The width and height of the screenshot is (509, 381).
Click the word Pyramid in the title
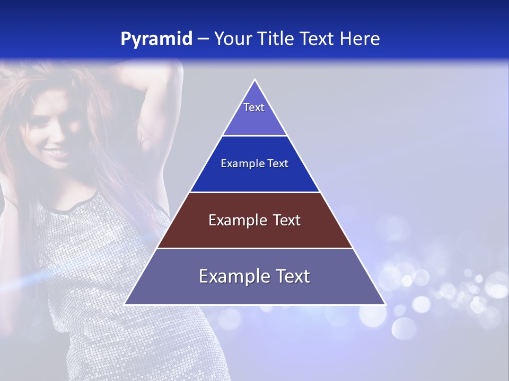click(156, 39)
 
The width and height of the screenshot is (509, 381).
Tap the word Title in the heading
click(277, 39)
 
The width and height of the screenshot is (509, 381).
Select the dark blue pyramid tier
click(254, 164)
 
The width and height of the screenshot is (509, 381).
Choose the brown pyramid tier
click(254, 220)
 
